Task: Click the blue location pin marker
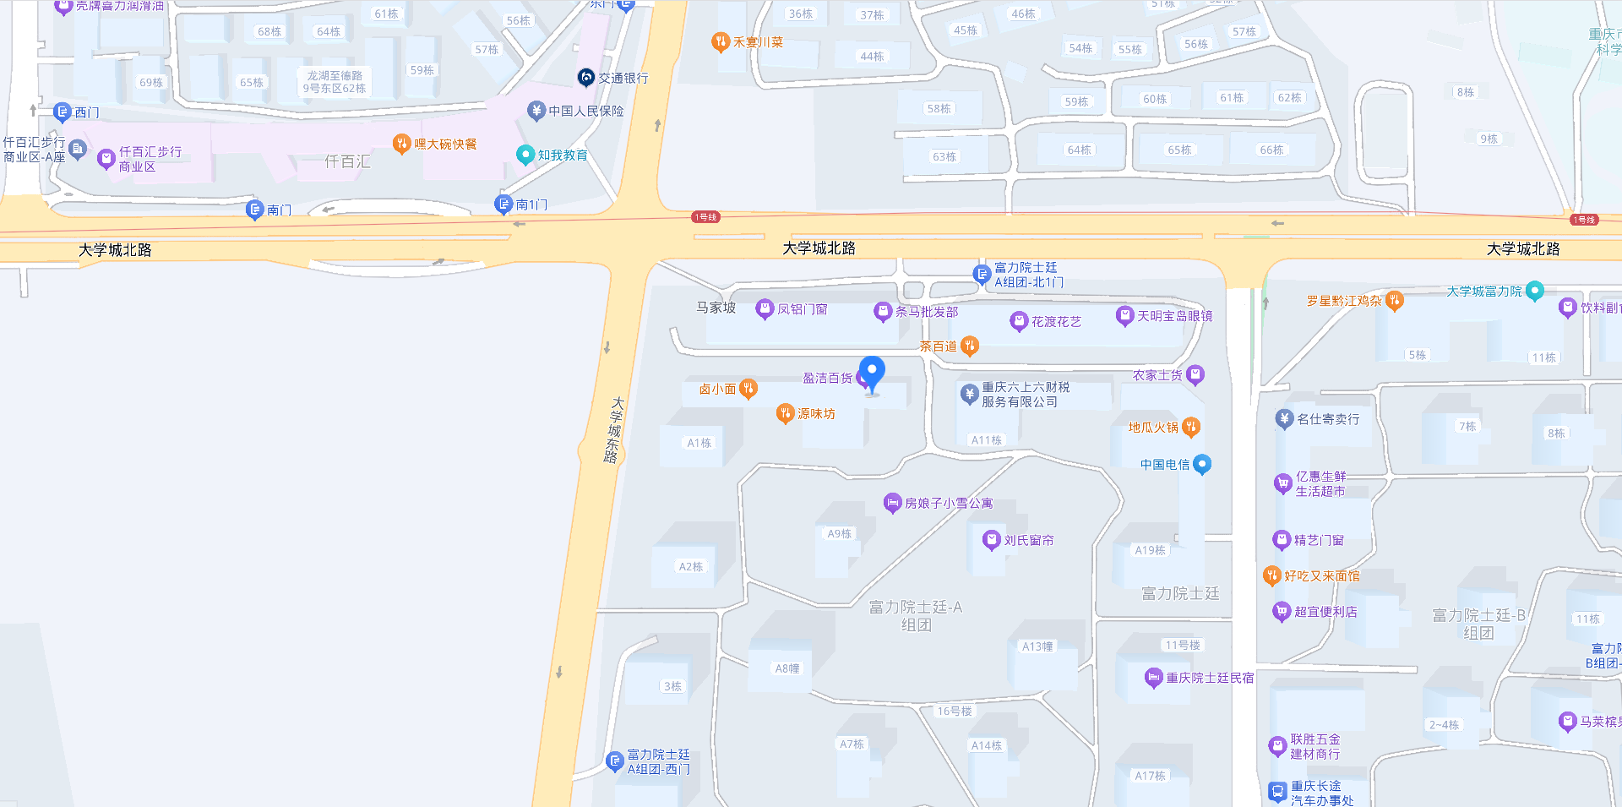(x=872, y=373)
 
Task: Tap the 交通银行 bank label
(x=623, y=78)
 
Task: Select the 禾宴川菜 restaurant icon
(x=720, y=41)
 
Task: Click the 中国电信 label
(x=1164, y=465)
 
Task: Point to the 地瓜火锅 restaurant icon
(x=1191, y=427)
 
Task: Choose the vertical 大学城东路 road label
(x=613, y=430)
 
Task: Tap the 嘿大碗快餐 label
(x=445, y=144)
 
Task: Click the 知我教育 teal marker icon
(x=525, y=155)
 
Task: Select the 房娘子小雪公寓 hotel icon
(x=892, y=503)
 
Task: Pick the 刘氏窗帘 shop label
(x=1028, y=541)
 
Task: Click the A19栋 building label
(x=1150, y=550)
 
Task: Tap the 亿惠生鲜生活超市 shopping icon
(x=1282, y=483)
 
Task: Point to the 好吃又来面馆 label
(x=1322, y=576)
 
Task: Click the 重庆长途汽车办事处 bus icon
(x=1277, y=792)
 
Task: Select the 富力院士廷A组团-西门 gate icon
(x=615, y=761)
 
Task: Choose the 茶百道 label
(x=938, y=346)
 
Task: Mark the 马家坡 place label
(x=716, y=308)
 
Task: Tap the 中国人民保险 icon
(x=536, y=111)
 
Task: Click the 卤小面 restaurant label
(x=717, y=390)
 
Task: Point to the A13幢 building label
(x=1037, y=646)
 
